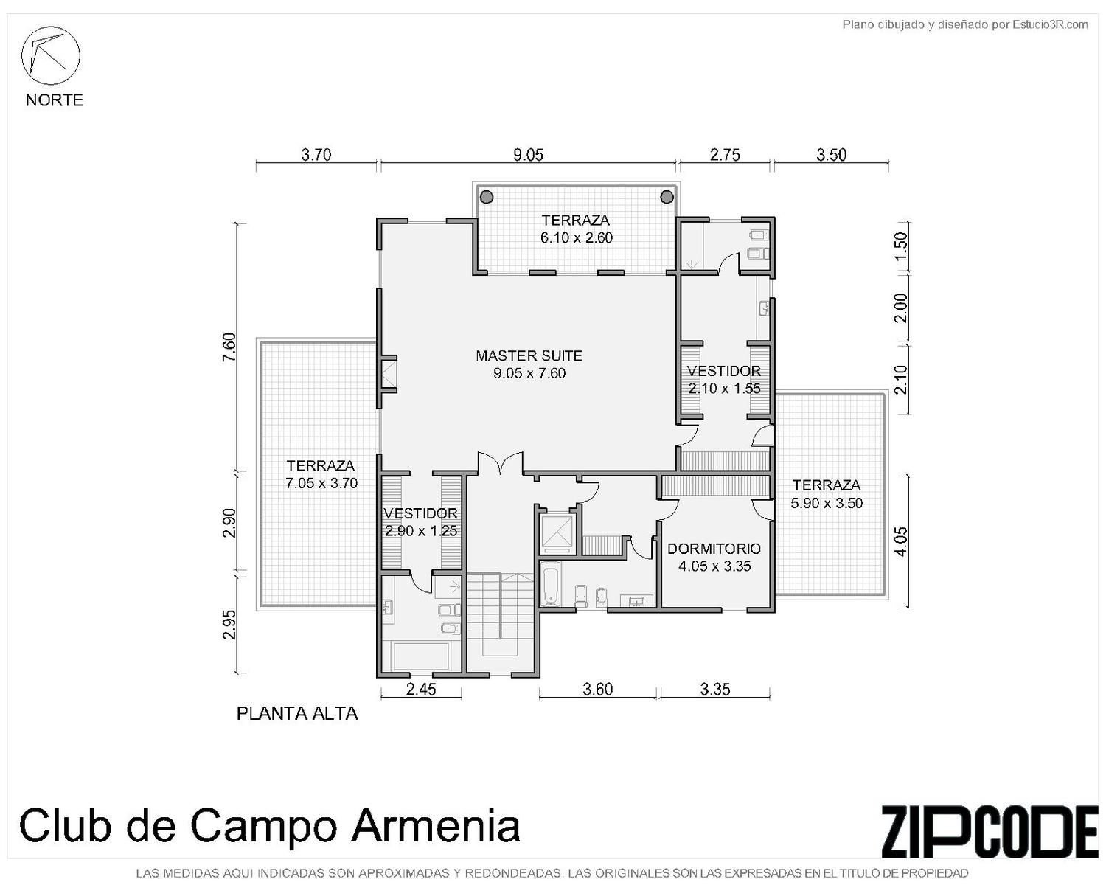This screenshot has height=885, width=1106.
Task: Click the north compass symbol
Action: (50, 55)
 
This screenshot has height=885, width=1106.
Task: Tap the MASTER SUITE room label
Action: (529, 355)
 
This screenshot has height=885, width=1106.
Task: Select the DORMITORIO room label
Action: (714, 548)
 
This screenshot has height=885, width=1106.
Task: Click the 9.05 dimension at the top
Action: (529, 155)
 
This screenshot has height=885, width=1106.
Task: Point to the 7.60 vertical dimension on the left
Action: (229, 347)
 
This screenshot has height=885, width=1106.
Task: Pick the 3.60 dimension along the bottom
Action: (598, 689)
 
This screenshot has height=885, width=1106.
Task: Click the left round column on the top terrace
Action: (486, 197)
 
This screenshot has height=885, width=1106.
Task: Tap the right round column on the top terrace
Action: (667, 197)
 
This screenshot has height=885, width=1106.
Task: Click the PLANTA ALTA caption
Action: (297, 713)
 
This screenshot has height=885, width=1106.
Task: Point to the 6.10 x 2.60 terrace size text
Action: (576, 237)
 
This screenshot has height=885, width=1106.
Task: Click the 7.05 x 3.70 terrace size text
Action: (321, 483)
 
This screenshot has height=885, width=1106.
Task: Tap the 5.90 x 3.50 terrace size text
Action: (827, 503)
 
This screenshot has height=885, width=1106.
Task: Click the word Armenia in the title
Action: (436, 825)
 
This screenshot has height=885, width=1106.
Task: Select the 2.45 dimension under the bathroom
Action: (421, 689)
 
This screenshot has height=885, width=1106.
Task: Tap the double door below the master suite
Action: (501, 462)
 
